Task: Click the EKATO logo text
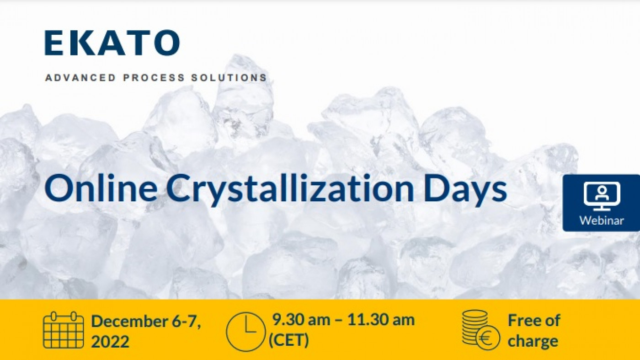click(112, 43)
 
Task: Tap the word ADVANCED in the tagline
click(80, 77)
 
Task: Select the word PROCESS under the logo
click(154, 77)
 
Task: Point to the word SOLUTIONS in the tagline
click(229, 77)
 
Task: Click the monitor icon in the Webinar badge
click(602, 196)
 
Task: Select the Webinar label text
click(602, 220)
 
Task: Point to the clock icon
click(245, 331)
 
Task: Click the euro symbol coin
click(488, 338)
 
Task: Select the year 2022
click(110, 341)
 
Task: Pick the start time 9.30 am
click(301, 319)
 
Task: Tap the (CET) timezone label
click(289, 340)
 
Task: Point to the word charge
click(533, 341)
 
